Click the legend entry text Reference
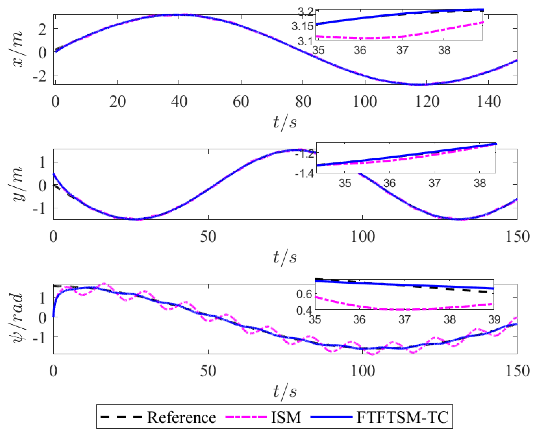[181, 417]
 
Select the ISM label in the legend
[286, 417]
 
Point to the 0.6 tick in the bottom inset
[304, 294]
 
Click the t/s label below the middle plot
[285, 258]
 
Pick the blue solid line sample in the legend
[331, 417]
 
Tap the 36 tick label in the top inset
[360, 50]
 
